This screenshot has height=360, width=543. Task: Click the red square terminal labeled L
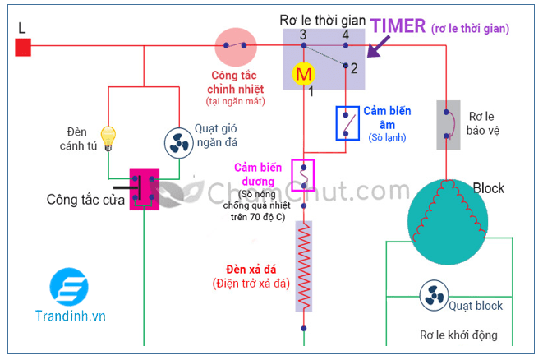pos(23,48)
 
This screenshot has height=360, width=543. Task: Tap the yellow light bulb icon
pos(108,135)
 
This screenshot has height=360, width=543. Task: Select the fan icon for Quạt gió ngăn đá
pos(177,143)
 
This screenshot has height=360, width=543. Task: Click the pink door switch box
pos(144,189)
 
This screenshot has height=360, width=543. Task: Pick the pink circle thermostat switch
pos(236,47)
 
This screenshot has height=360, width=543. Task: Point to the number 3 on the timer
pos(303,35)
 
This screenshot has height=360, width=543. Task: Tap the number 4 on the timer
pos(345,35)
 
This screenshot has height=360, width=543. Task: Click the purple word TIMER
pos(398,25)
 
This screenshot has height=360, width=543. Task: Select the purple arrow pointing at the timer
pos(380,48)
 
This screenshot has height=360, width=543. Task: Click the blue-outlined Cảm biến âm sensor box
pos(346,122)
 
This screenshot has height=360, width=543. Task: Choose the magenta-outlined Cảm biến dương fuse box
pos(304,175)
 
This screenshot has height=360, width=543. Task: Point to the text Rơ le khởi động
pos(458,335)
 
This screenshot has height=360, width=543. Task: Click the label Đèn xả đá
pos(258,270)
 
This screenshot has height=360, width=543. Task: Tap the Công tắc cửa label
pos(85,199)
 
